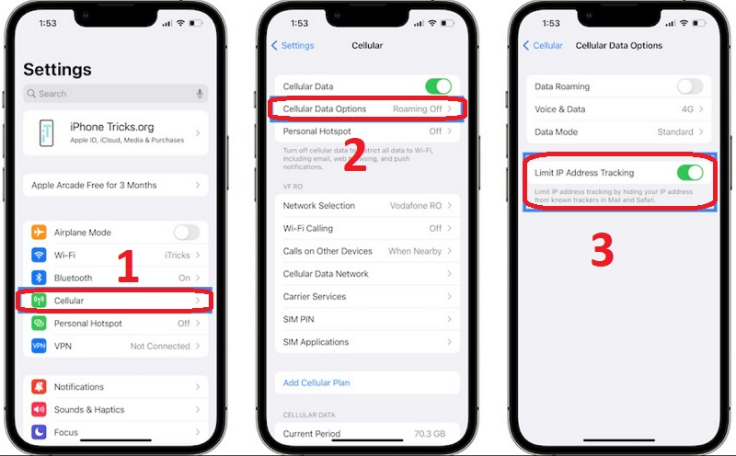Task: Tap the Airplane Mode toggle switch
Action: pos(187,233)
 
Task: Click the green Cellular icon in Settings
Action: pos(39,301)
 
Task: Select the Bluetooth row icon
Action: pos(39,278)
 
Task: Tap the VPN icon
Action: pos(39,346)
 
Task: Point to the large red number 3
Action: pos(602,250)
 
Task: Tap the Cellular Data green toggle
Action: pos(438,86)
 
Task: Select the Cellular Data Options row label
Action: pos(325,109)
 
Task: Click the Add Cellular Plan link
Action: pos(316,382)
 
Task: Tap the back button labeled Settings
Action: pos(293,45)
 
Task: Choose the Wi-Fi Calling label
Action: pos(308,228)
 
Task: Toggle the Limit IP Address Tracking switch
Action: pos(689,173)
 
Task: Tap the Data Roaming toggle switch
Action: pos(689,86)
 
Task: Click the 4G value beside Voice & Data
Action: pos(686,109)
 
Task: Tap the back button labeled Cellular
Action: pos(543,45)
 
